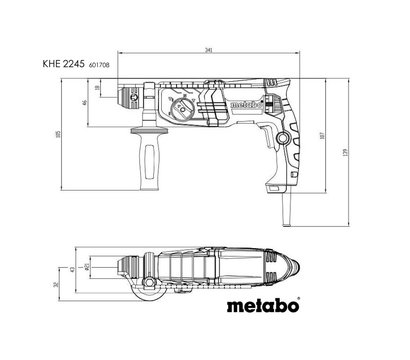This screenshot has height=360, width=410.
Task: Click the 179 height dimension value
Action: pos(371,150)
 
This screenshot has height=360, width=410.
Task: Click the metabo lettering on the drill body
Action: pos(245,104)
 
